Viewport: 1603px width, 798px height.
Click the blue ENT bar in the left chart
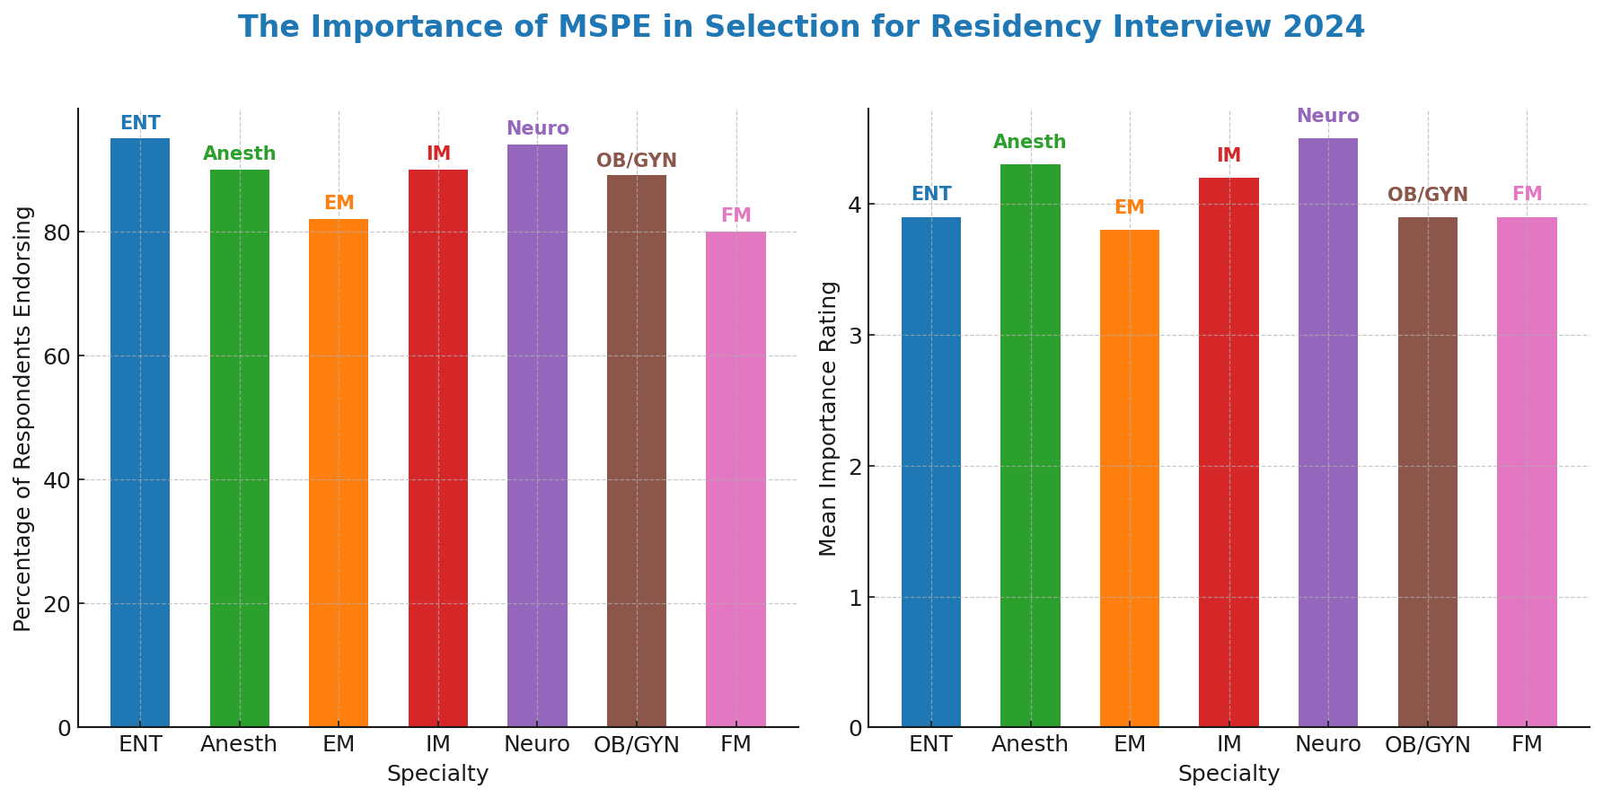point(140,431)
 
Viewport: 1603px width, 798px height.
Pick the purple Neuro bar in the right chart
point(1327,432)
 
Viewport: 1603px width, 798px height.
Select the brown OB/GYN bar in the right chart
point(1427,471)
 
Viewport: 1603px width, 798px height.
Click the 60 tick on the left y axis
point(58,356)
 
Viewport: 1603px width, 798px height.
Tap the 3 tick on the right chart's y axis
point(855,336)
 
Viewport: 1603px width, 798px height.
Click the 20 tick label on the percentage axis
point(58,604)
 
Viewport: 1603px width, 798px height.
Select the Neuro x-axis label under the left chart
point(537,744)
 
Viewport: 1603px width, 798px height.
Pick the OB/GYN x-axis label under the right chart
point(1427,745)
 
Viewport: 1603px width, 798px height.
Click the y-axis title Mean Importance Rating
point(829,418)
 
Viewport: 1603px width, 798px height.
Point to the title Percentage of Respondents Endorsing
point(23,418)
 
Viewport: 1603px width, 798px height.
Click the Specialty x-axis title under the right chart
point(1229,774)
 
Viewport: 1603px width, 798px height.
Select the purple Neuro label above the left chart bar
point(537,128)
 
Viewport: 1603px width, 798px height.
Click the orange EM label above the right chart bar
point(1129,207)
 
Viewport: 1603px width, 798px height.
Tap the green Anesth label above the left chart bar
point(240,153)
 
